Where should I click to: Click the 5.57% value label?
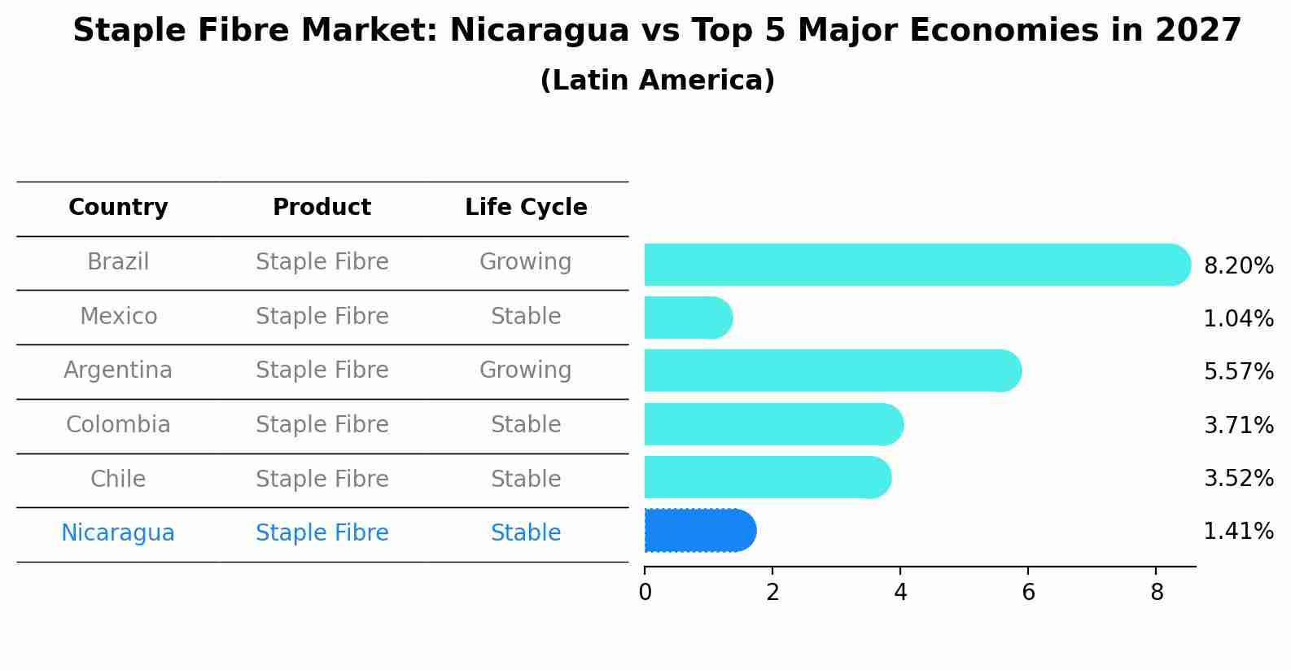tap(1238, 372)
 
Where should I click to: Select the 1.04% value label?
tap(1238, 319)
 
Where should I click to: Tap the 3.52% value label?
tap(1238, 478)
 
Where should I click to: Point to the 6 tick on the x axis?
tap(1028, 593)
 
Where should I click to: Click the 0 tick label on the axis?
tap(645, 593)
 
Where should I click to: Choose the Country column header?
tap(118, 208)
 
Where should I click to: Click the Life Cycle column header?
tap(526, 208)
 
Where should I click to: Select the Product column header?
tap(322, 208)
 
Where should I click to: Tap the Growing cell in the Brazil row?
tap(525, 262)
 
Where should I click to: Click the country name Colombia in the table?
tap(118, 425)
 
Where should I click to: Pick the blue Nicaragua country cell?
tap(118, 533)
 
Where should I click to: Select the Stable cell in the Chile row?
tap(525, 479)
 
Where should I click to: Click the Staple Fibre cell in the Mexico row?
tap(322, 317)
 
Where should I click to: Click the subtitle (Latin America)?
tap(657, 81)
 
